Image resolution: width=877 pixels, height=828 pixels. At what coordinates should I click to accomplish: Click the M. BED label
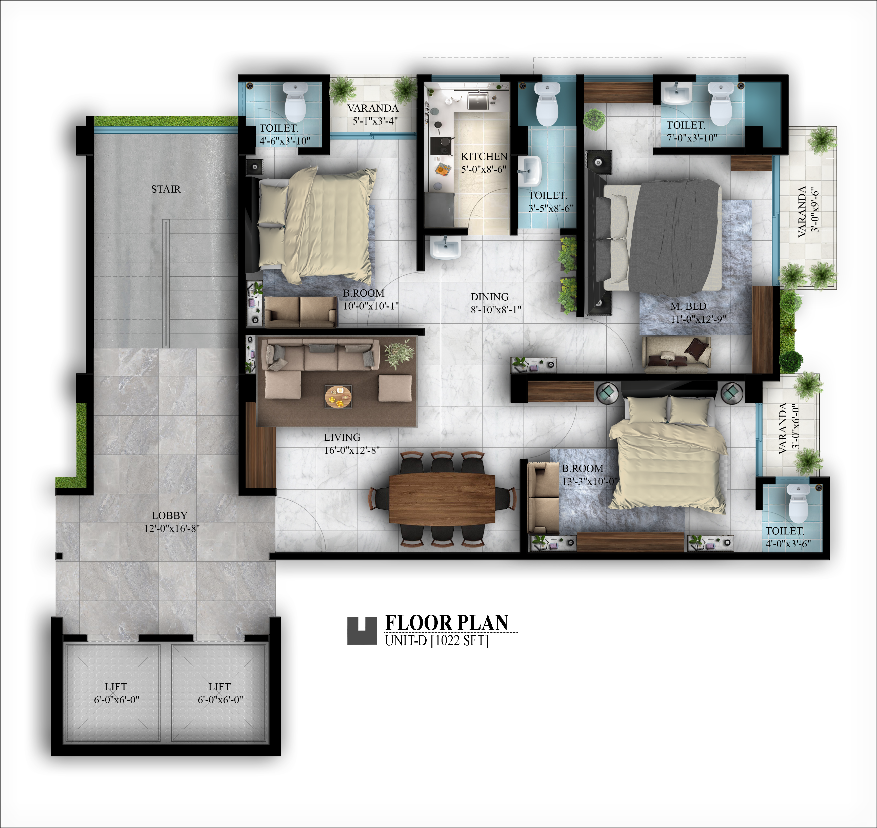pos(688,306)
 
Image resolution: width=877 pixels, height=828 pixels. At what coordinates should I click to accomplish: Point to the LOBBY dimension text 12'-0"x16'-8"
pos(172,528)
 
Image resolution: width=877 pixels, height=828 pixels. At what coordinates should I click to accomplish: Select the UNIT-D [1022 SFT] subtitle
pos(437,640)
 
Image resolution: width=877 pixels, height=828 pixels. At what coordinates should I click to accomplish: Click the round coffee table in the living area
pos(339,397)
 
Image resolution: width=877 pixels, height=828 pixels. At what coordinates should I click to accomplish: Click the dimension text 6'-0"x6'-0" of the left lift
pos(116,699)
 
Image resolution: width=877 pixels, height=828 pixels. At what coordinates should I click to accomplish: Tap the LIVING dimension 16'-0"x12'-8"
pos(352,450)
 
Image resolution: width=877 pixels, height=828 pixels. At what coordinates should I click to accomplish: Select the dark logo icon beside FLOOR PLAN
pos(362,631)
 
